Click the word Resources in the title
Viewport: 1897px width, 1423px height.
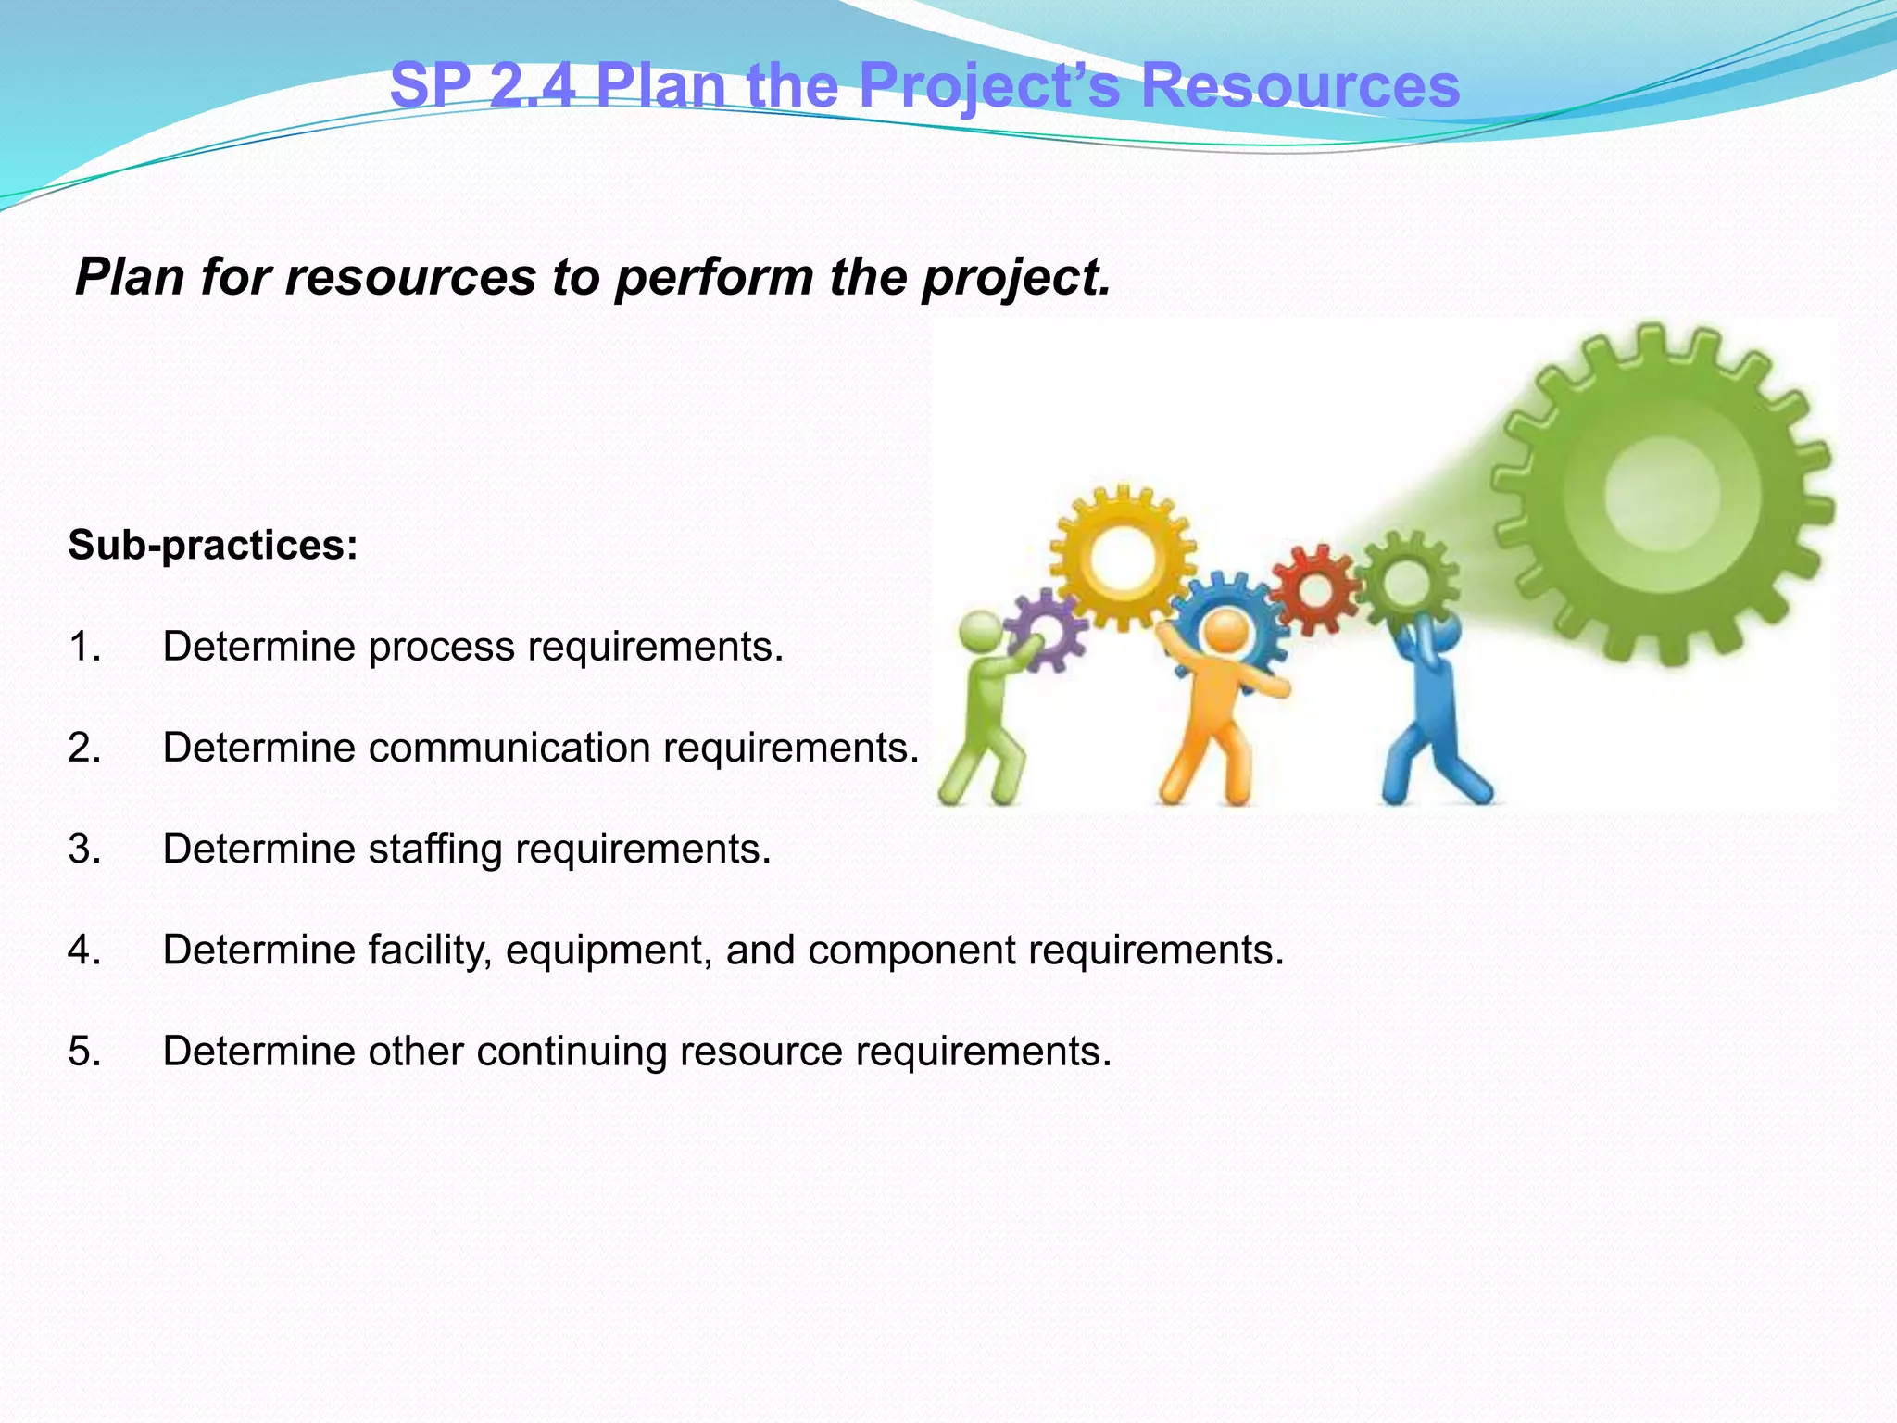click(x=1300, y=86)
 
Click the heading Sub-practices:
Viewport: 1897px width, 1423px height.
click(x=213, y=545)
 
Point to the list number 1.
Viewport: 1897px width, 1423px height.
click(x=83, y=647)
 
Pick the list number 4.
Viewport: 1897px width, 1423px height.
click(x=83, y=951)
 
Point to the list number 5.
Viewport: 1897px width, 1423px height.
click(x=83, y=1052)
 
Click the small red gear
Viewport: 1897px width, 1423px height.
click(x=1315, y=589)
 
